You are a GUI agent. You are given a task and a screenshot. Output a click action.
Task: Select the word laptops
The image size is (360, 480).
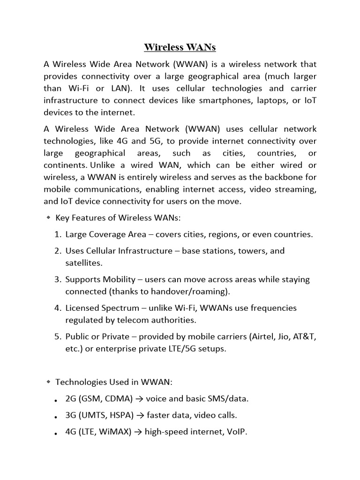(x=278, y=100)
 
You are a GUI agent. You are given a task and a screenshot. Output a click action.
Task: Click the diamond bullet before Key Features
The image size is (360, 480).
(x=48, y=217)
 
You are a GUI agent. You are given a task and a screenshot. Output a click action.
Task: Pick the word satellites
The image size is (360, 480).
(x=82, y=263)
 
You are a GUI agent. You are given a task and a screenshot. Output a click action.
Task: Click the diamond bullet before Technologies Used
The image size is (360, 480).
(x=48, y=382)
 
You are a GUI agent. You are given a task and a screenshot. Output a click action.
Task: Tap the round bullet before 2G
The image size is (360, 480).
(x=56, y=400)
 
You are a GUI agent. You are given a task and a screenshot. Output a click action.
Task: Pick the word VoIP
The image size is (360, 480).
(x=236, y=432)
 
